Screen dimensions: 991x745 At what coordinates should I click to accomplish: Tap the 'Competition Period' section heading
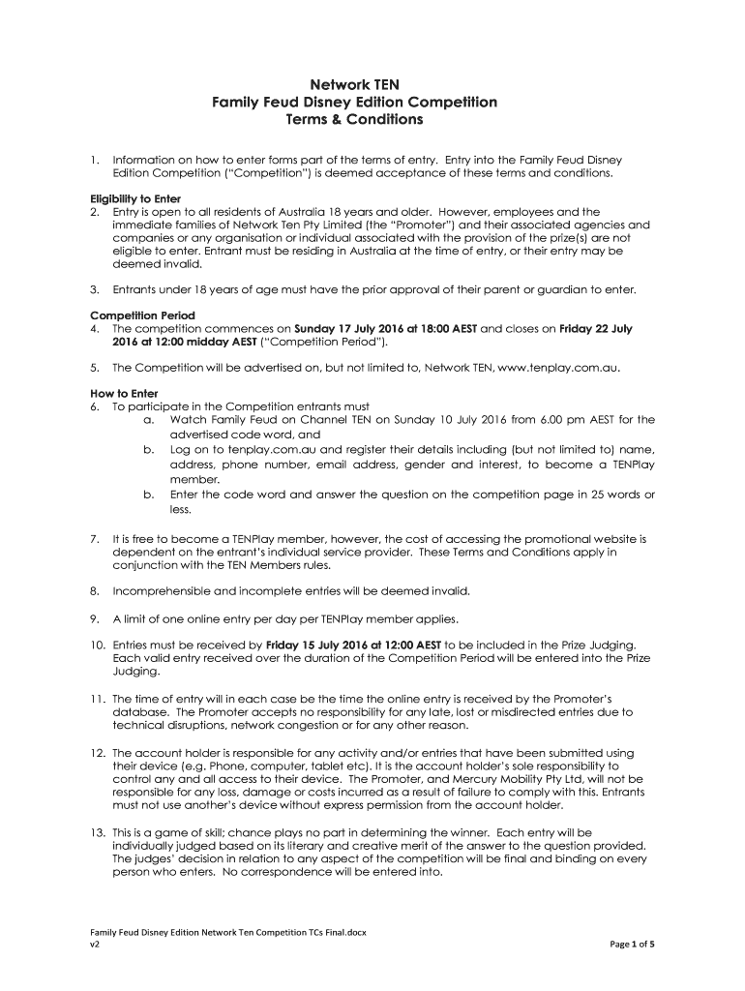(x=142, y=315)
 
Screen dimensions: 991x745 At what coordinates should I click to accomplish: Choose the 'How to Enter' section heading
(x=123, y=393)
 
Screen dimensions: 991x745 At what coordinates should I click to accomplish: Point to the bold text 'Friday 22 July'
(x=596, y=329)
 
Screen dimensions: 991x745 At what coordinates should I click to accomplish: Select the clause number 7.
(x=95, y=538)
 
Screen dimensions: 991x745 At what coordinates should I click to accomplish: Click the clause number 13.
(x=98, y=832)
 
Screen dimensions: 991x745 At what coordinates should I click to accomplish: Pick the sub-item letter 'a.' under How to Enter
(x=149, y=420)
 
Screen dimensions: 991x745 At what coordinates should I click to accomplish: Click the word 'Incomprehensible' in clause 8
(x=161, y=590)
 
